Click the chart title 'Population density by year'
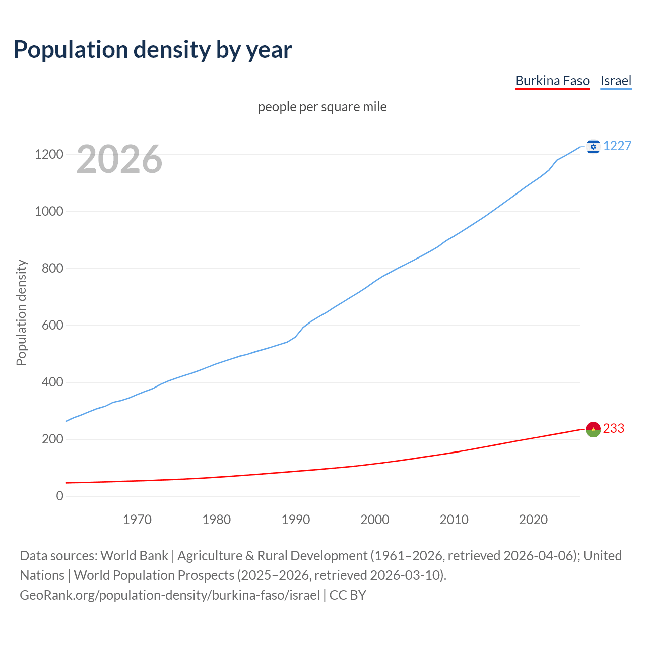[153, 49]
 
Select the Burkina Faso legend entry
[552, 81]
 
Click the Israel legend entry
[616, 81]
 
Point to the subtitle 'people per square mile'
[322, 107]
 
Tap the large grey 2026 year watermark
[119, 159]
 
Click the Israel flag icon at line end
[593, 146]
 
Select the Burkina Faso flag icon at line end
[593, 429]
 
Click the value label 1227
[617, 146]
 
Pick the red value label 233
[613, 428]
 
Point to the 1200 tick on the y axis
[49, 154]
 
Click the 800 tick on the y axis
[52, 268]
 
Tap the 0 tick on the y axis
[60, 496]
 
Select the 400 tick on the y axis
[52, 382]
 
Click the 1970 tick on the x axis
[138, 520]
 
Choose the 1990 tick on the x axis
[296, 520]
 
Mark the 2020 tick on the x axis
[533, 520]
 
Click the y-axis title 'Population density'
[21, 312]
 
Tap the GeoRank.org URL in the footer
[170, 595]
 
